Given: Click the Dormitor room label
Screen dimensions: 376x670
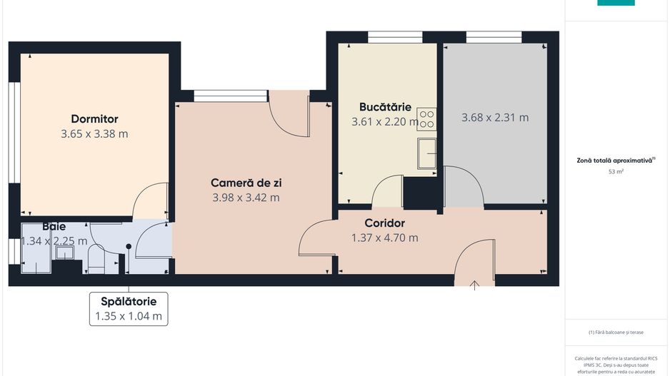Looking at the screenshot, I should pyautogui.click(x=94, y=119).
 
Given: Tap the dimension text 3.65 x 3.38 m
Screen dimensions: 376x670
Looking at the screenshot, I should pyautogui.click(x=94, y=133).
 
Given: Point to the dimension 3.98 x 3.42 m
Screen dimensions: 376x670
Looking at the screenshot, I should pyautogui.click(x=245, y=198).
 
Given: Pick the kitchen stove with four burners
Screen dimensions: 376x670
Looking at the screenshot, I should pyautogui.click(x=426, y=119).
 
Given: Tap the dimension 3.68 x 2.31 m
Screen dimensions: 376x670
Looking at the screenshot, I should pyautogui.click(x=495, y=118).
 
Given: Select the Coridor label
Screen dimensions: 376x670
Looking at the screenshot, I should pyautogui.click(x=384, y=223).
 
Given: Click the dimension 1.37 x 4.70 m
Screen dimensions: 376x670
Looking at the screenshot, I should pyautogui.click(x=384, y=238).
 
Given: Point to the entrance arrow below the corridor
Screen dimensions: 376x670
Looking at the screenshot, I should pyautogui.click(x=475, y=285).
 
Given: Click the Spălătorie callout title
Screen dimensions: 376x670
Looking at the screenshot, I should pyautogui.click(x=129, y=301).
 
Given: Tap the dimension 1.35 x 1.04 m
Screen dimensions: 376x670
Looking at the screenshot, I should pyautogui.click(x=129, y=316).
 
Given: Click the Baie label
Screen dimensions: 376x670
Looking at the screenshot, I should pyautogui.click(x=54, y=226).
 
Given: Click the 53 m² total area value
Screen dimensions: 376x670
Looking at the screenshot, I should pyautogui.click(x=616, y=172).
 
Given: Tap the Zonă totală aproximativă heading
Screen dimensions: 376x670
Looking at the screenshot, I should pyautogui.click(x=616, y=161).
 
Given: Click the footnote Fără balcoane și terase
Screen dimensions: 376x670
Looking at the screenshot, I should pyautogui.click(x=616, y=332).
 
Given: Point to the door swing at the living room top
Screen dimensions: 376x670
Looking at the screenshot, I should pyautogui.click(x=289, y=114).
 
